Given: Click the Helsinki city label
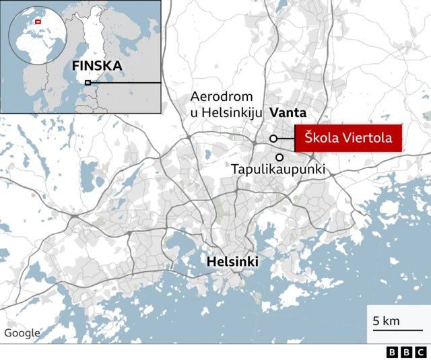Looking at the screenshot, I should pos(232,261).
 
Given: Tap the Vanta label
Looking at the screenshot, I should pos(288,113).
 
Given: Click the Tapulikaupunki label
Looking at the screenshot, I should pos(278,170).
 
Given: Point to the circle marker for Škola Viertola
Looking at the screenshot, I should pos(273,139).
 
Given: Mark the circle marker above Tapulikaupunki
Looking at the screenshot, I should pos(279,157).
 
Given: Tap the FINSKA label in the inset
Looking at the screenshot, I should pos(97,66).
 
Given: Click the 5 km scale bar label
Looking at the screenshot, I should pos(387,320).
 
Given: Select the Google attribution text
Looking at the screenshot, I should pos(22,333).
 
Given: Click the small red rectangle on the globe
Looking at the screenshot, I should pos(38,22).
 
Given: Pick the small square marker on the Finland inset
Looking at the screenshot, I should pos(88,83).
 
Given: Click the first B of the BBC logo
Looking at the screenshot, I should pos(392,352).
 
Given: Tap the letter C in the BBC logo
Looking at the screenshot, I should pos(420,352).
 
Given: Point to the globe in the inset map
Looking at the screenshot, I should pos(38,40).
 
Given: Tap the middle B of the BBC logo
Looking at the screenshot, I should pos(406,352).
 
